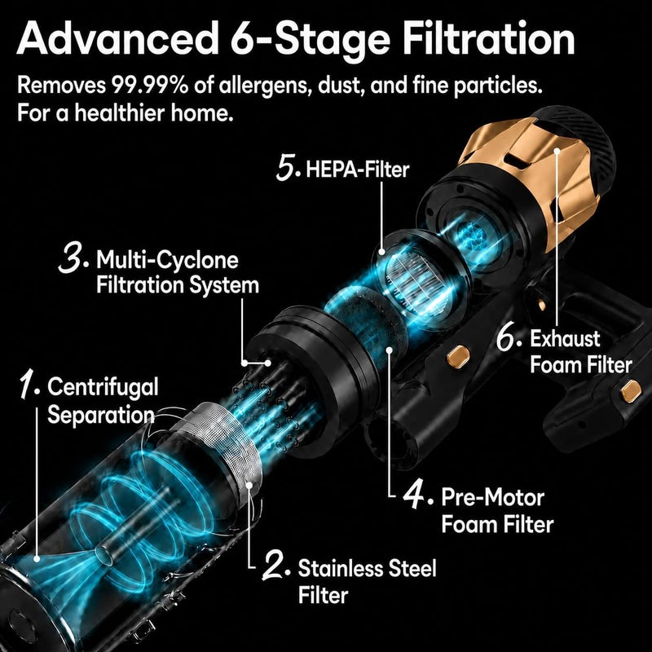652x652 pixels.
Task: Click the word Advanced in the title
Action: (117, 38)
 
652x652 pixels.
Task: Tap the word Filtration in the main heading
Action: (489, 38)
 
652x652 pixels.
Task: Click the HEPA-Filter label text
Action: (358, 170)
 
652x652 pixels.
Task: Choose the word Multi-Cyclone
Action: (168, 260)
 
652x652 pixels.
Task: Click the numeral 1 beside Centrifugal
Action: (29, 385)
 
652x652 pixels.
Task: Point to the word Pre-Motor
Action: (493, 497)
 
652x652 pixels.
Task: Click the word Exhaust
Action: (565, 339)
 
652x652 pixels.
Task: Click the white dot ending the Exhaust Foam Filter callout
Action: (557, 151)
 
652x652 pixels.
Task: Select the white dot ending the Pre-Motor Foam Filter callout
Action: (390, 350)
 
